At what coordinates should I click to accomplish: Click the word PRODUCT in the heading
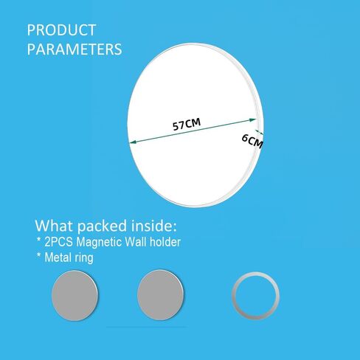tap(61, 30)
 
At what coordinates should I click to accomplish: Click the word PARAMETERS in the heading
tap(75, 49)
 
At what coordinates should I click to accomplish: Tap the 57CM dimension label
tap(187, 124)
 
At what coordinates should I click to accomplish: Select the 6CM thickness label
tap(252, 141)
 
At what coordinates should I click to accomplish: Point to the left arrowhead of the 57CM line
tap(133, 142)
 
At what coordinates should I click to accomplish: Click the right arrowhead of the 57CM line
tap(253, 120)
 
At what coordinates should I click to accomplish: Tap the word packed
tap(102, 226)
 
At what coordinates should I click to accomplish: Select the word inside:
tap(154, 226)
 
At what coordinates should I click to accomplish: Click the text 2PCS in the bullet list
tap(58, 242)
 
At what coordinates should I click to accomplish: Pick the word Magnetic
tap(99, 243)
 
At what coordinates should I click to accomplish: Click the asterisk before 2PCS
tap(38, 240)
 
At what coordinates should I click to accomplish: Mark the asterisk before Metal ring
tap(38, 255)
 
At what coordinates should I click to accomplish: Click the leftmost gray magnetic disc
tap(75, 295)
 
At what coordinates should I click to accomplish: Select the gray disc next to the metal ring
tap(160, 295)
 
